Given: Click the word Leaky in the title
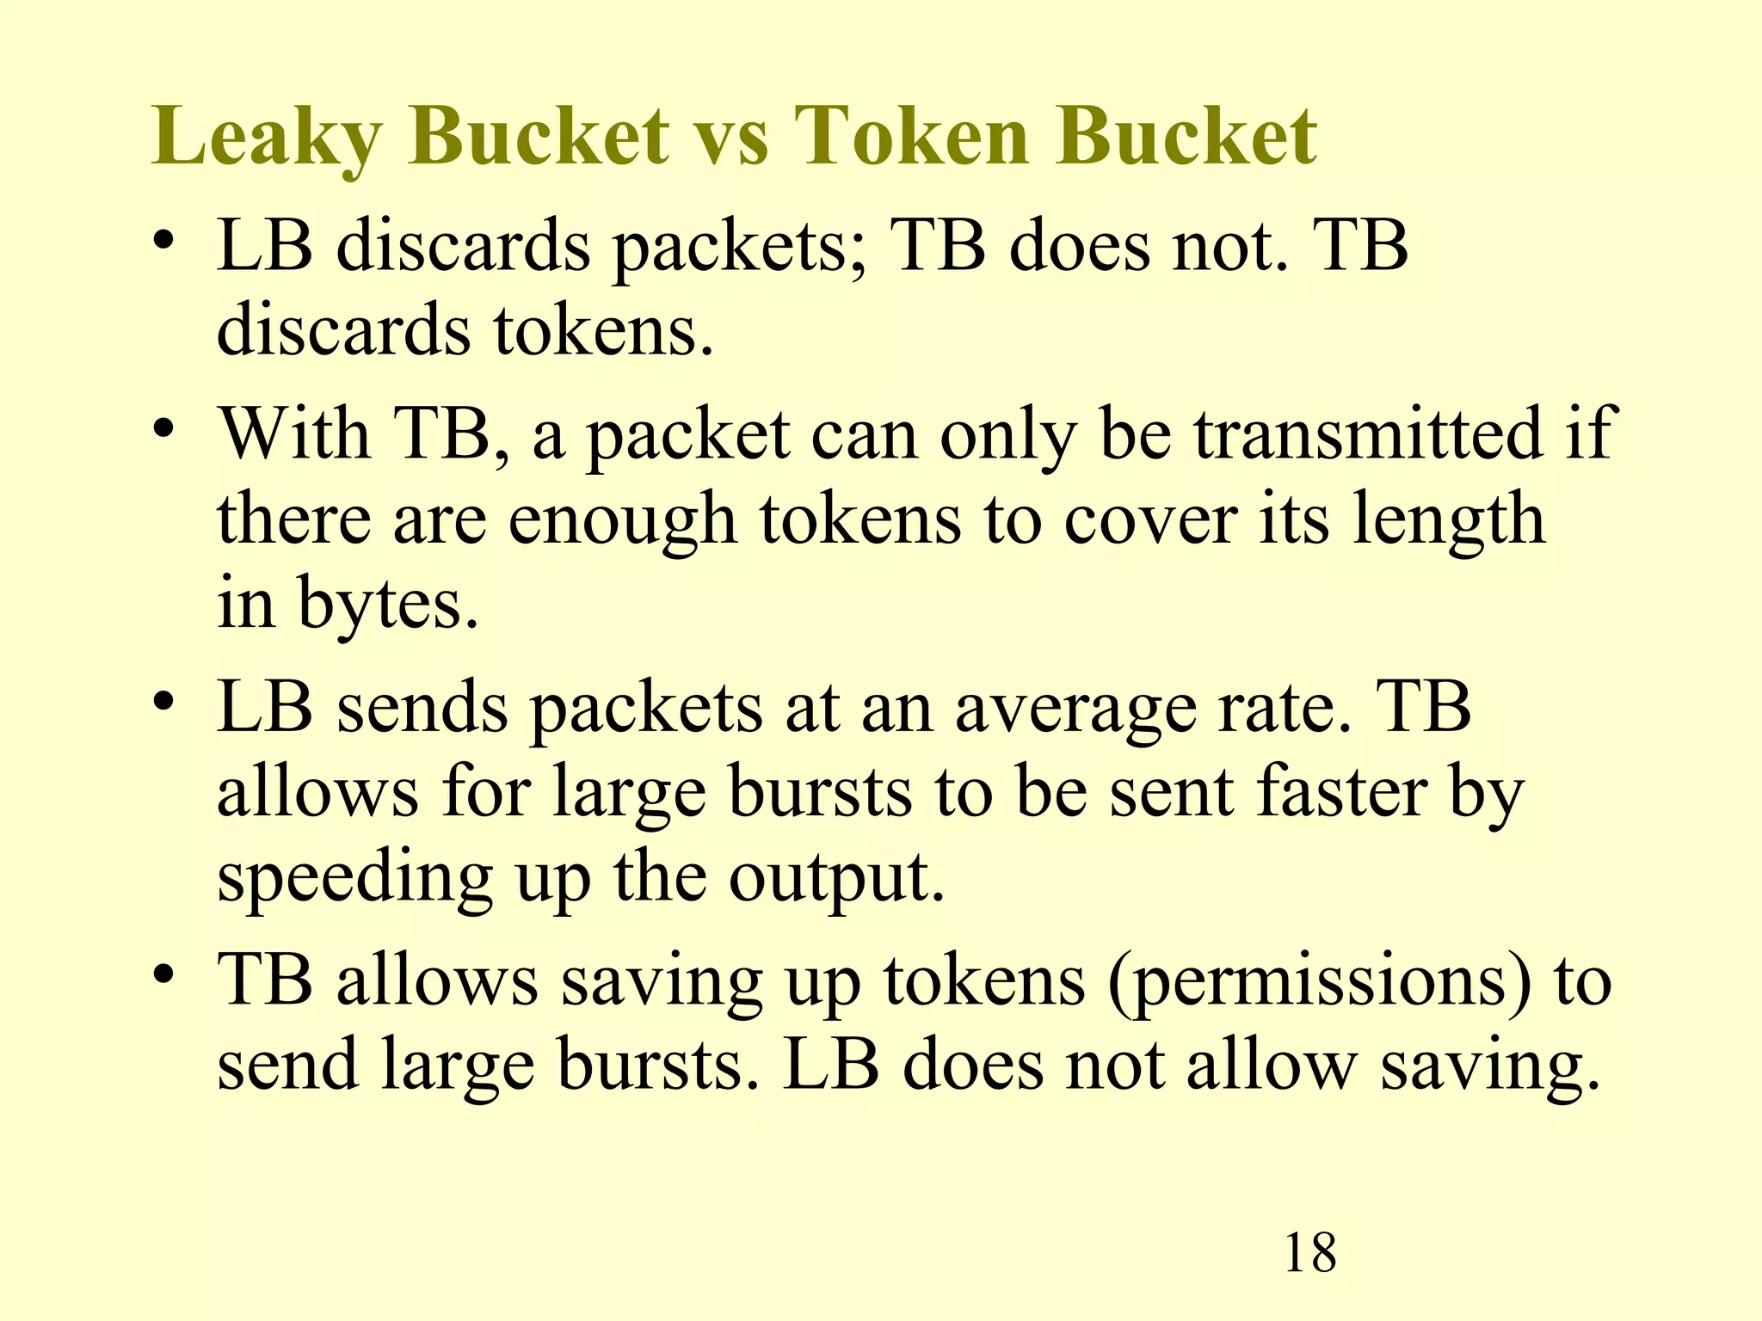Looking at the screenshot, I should coord(266,138).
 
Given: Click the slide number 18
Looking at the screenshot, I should coord(1309,1253).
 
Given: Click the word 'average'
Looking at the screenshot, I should coord(1075,708).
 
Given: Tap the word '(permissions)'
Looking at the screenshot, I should coord(1320,981).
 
